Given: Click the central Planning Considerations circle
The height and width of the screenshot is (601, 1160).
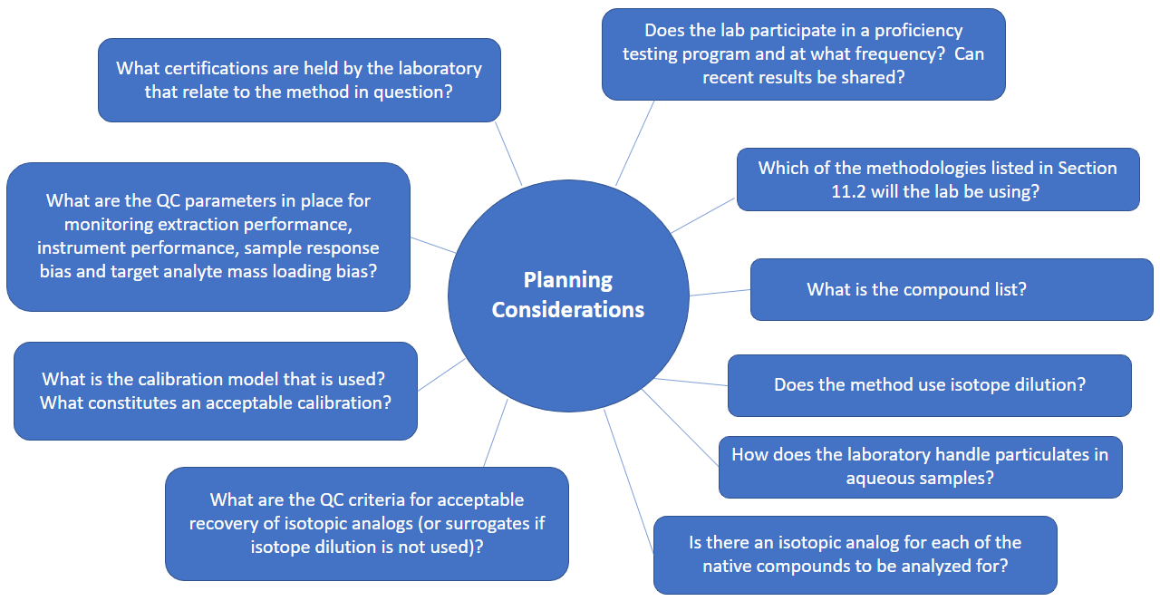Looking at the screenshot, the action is (568, 296).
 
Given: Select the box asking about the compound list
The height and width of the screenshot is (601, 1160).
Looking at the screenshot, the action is (952, 289).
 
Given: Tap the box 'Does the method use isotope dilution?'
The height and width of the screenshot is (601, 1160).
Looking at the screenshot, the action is (930, 385).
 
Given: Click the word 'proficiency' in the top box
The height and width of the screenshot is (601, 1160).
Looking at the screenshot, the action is (918, 31).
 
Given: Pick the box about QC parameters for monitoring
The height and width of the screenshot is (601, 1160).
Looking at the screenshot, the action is (208, 237).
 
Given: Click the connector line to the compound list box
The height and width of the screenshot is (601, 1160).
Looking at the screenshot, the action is (720, 293).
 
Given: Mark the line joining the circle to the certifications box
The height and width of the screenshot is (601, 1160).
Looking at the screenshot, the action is (508, 153).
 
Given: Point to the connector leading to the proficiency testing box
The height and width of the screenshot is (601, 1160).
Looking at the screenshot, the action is (634, 143).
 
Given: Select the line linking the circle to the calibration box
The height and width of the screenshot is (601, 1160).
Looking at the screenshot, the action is (441, 374).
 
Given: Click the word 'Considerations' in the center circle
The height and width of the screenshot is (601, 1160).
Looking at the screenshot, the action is (568, 310).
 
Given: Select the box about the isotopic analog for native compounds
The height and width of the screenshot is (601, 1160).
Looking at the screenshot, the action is (855, 555).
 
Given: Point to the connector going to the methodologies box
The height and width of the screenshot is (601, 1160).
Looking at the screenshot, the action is (702, 215).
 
